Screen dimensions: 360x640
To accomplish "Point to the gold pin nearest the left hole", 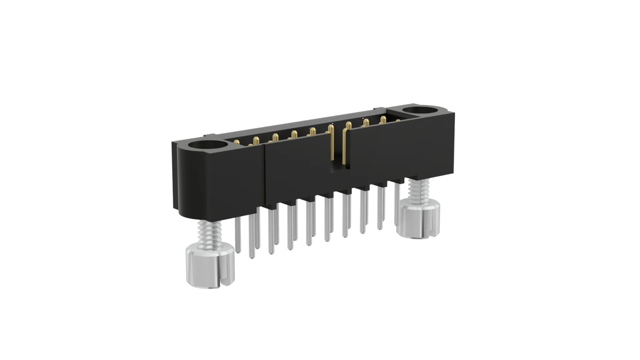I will (x=236, y=141).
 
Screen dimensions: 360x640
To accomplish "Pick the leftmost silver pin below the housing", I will (x=237, y=235).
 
